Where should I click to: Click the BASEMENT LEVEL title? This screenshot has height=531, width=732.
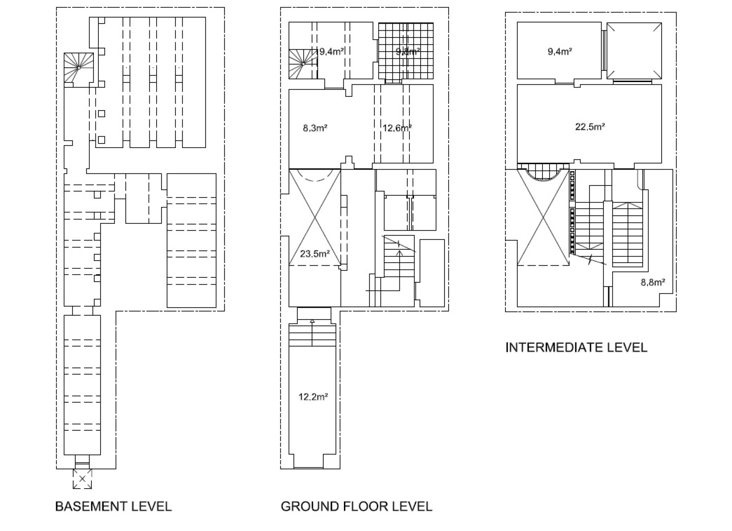113,506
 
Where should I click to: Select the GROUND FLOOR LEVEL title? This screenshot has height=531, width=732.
356,506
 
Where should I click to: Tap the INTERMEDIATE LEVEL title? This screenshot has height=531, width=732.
576,348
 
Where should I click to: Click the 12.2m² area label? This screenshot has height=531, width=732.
313,397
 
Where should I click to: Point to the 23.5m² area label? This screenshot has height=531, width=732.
314,254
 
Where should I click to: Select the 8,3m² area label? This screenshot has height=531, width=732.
315,128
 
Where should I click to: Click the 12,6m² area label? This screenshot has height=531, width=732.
397,128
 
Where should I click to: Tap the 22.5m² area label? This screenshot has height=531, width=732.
590,127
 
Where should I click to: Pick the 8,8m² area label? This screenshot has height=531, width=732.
652,282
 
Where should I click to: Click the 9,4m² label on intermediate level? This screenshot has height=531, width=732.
560,51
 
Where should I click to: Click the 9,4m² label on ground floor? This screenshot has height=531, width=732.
331,51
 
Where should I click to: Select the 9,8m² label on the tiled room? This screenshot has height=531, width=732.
408,51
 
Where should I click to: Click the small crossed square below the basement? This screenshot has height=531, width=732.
83,478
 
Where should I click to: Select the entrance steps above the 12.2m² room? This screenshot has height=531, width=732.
312,334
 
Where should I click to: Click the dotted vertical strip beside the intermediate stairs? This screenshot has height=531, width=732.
572,211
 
